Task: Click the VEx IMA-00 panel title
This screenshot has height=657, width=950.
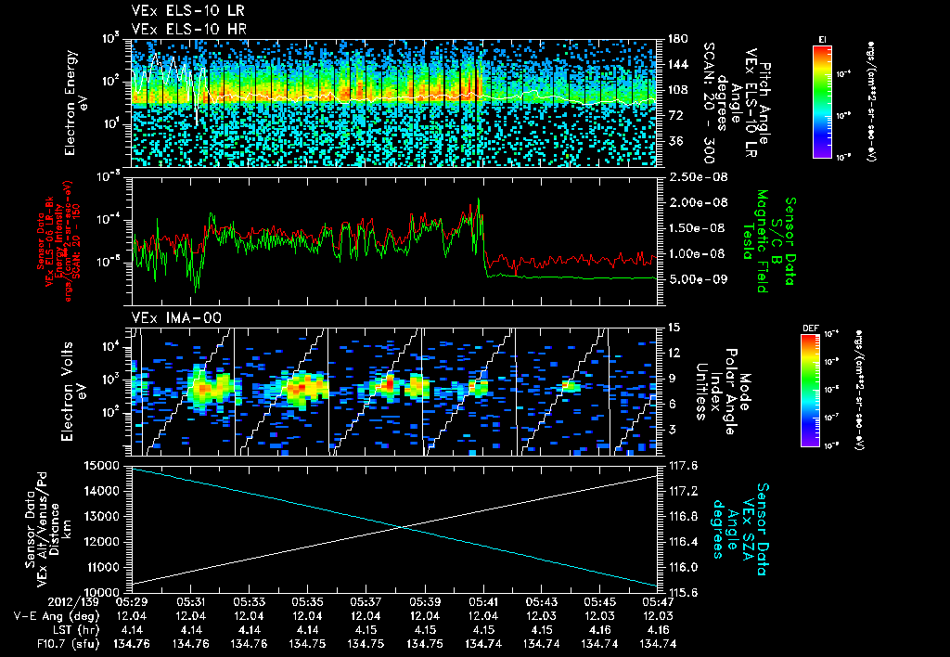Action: point(166,317)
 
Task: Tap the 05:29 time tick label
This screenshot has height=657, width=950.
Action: point(132,601)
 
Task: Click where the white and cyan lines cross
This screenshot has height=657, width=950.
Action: point(402,527)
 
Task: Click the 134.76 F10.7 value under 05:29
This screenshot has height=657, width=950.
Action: point(132,643)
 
